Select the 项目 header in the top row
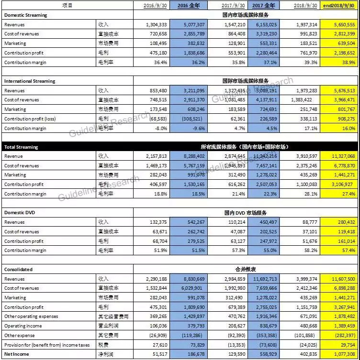[67, 6]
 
